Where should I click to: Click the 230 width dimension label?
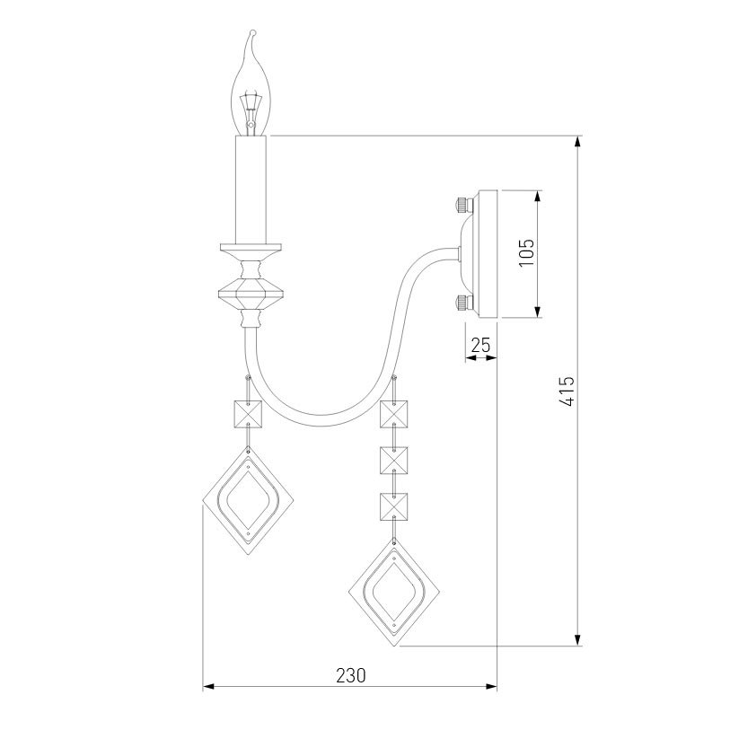coord(351,675)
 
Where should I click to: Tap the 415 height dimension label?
coord(567,391)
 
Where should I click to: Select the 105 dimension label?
coord(526,252)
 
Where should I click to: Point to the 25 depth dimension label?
coord(481,345)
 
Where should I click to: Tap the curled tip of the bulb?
coord(252,32)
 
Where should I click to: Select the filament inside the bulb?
coord(251,110)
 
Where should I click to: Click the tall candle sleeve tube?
coord(251,189)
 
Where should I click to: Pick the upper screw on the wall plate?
coord(463,204)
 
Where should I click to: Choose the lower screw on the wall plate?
coord(463,303)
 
